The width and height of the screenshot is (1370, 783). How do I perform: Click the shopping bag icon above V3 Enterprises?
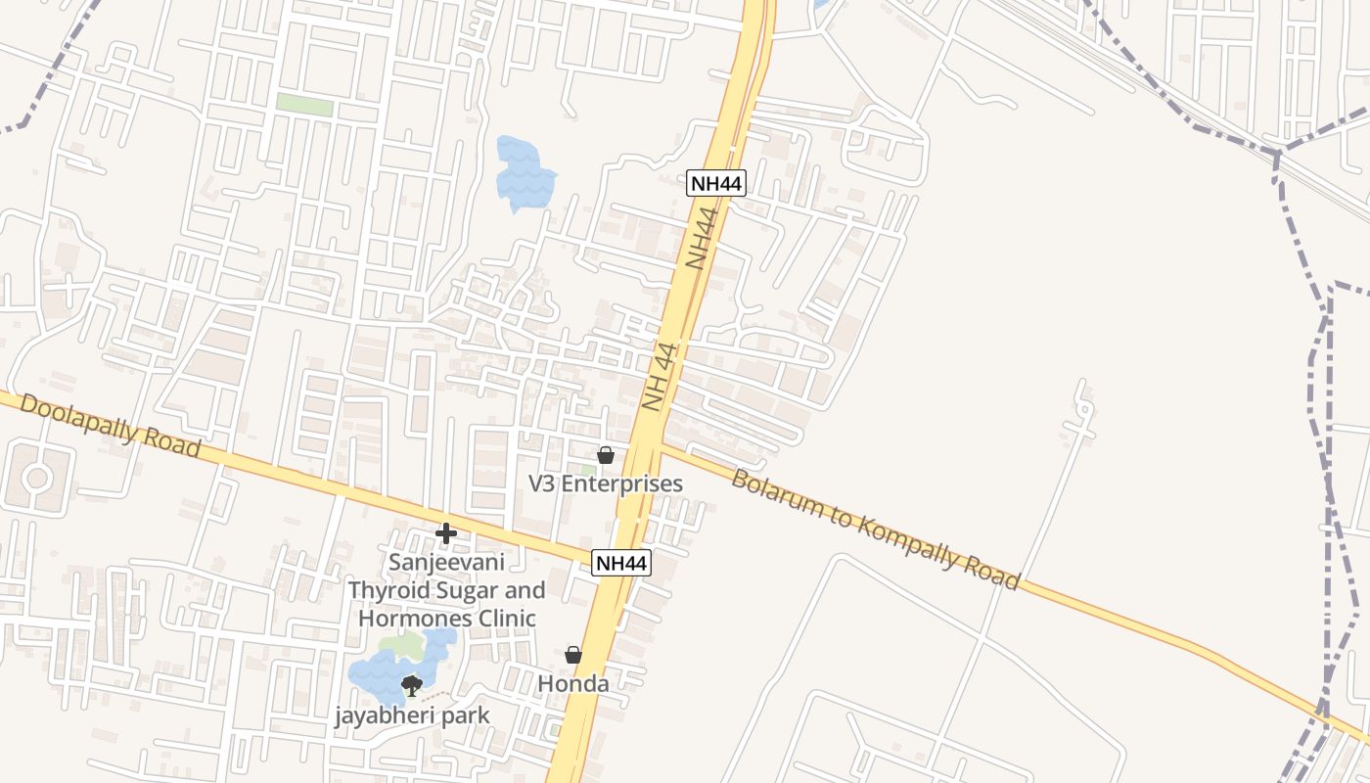tap(606, 455)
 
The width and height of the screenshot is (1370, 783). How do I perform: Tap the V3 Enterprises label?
tap(606, 484)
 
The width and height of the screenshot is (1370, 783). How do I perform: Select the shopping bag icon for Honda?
tap(573, 655)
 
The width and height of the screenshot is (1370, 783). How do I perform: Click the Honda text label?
tap(573, 683)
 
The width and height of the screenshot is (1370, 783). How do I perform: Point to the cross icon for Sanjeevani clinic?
tap(446, 533)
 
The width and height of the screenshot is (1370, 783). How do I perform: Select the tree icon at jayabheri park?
tap(412, 685)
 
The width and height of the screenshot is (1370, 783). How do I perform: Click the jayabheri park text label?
tap(412, 715)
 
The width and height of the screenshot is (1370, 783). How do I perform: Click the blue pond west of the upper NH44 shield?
tap(523, 174)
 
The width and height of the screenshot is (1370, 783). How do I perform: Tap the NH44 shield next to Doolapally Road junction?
tap(621, 563)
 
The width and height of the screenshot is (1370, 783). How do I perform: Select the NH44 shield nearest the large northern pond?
tap(716, 183)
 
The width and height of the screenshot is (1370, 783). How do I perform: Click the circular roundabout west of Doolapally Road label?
tap(37, 478)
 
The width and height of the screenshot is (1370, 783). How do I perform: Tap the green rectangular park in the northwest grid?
tap(304, 104)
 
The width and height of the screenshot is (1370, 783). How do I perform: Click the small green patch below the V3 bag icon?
tap(588, 471)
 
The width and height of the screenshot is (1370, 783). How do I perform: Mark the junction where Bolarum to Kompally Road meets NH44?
tap(660, 447)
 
